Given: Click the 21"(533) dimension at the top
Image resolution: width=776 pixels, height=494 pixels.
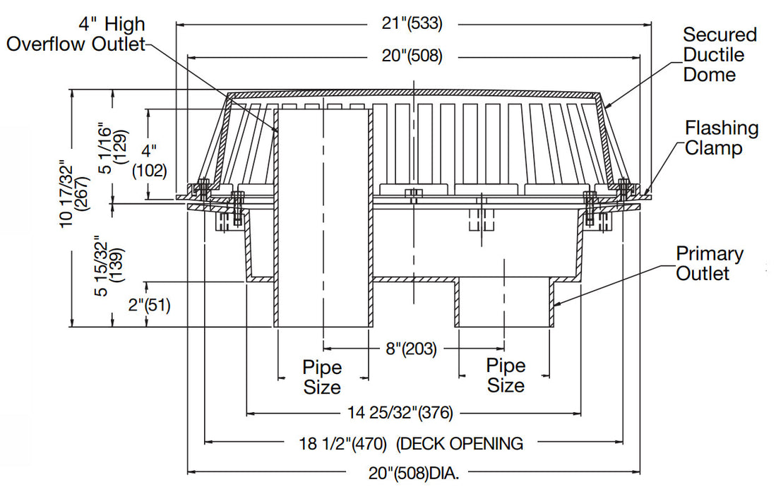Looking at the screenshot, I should pos(414,24).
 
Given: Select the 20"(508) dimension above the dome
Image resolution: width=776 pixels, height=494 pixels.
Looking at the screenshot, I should pos(414,57).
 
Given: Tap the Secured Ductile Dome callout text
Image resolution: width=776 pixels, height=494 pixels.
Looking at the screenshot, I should pos(719,54).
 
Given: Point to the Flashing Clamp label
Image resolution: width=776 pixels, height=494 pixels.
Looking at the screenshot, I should pos(721,138).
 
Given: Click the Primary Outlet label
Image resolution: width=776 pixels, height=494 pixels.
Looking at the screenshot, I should pos(709,263).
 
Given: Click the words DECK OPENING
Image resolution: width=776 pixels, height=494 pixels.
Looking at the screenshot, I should pos(460,443).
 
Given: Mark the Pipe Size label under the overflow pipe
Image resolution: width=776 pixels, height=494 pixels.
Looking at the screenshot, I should pos(322,377).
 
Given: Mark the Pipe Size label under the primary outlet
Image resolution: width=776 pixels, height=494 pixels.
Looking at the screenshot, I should pos(506,375).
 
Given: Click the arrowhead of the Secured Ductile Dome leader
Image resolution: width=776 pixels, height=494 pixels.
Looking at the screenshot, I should pos(605,106).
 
